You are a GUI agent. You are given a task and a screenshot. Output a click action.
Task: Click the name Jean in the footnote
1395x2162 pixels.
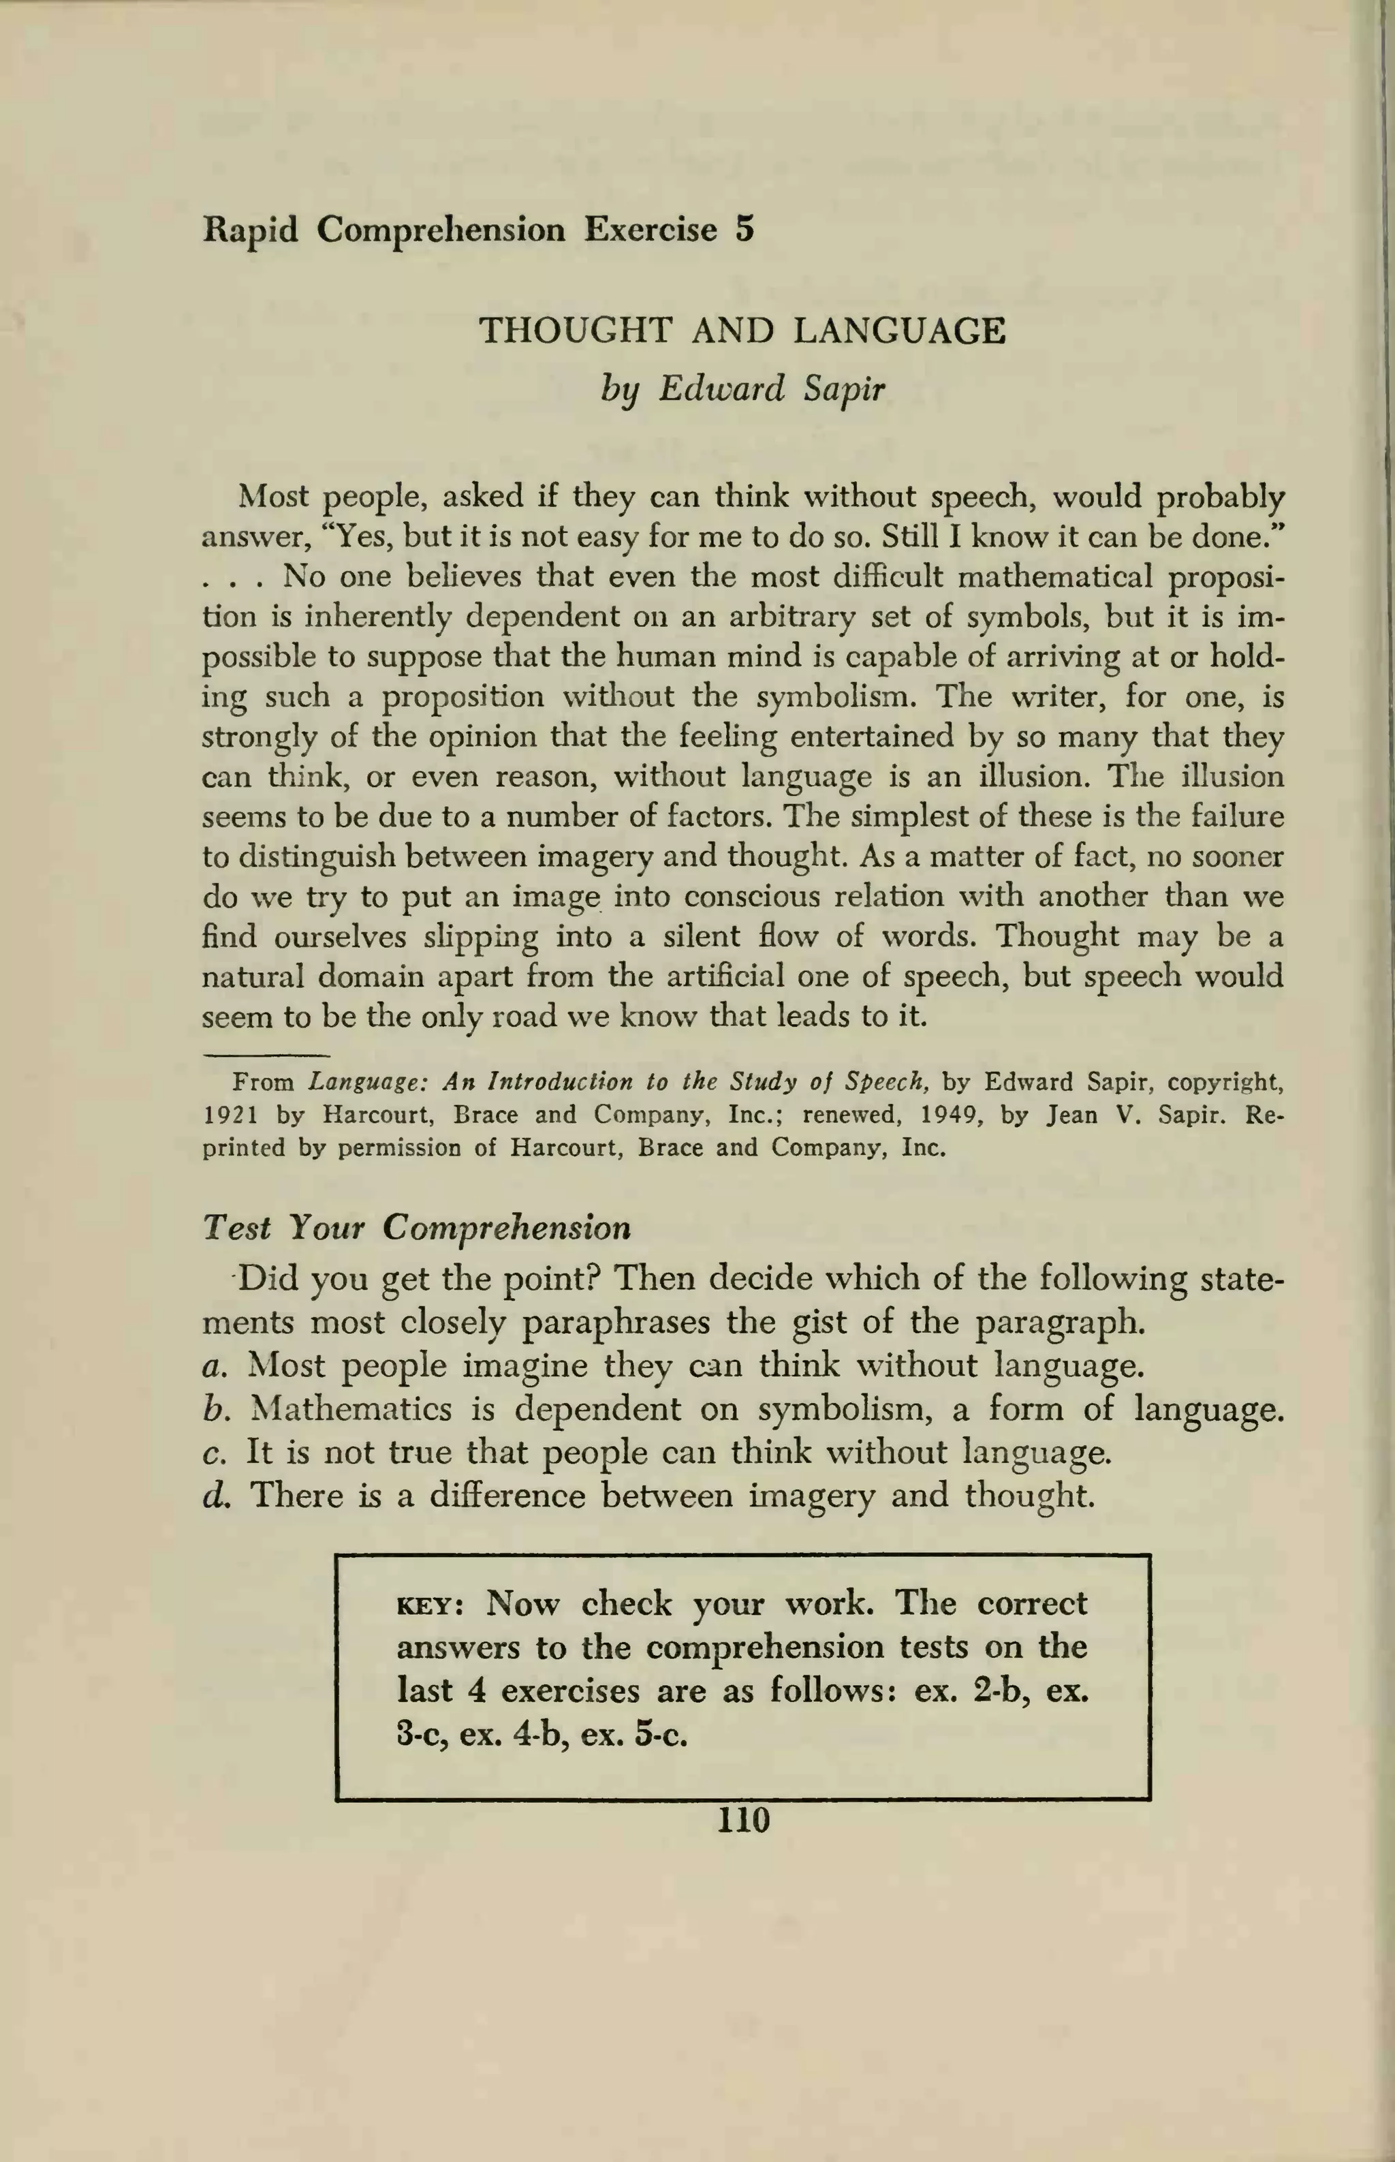tap(1073, 1115)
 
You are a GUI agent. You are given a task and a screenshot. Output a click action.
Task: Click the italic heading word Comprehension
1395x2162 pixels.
tap(505, 1228)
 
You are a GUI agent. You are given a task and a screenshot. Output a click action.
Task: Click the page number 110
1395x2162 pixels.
tap(742, 1819)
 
